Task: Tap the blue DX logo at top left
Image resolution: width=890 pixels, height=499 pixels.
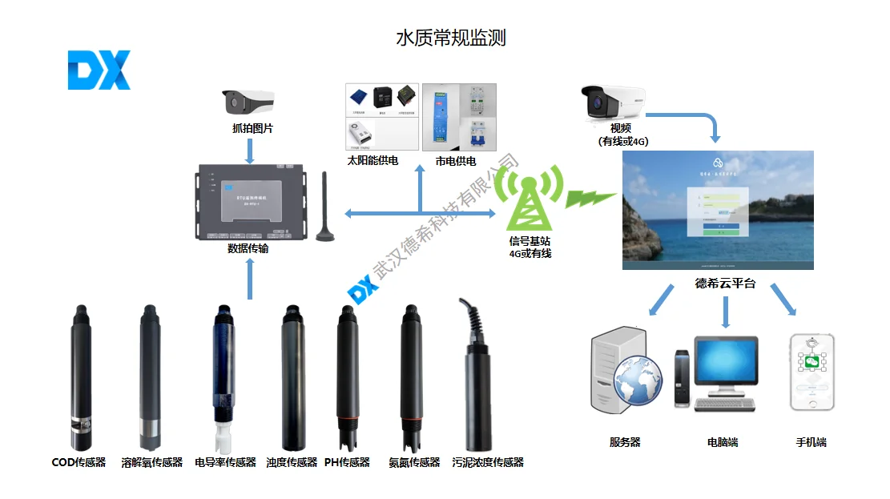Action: click(99, 70)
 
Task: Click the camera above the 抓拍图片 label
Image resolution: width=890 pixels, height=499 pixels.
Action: click(248, 102)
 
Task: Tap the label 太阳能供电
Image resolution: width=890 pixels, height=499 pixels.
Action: click(373, 161)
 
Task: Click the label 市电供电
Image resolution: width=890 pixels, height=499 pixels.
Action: click(455, 161)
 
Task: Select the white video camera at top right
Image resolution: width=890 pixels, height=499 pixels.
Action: click(612, 102)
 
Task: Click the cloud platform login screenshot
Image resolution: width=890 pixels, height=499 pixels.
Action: click(718, 210)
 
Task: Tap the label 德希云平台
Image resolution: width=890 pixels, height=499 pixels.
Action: click(725, 284)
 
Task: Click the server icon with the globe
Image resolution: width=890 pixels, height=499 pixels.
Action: click(625, 372)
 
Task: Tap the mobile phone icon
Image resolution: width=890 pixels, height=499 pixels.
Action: click(811, 372)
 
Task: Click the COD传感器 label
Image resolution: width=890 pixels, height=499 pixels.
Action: click(79, 462)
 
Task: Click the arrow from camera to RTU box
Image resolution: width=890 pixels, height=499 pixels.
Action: click(250, 150)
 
